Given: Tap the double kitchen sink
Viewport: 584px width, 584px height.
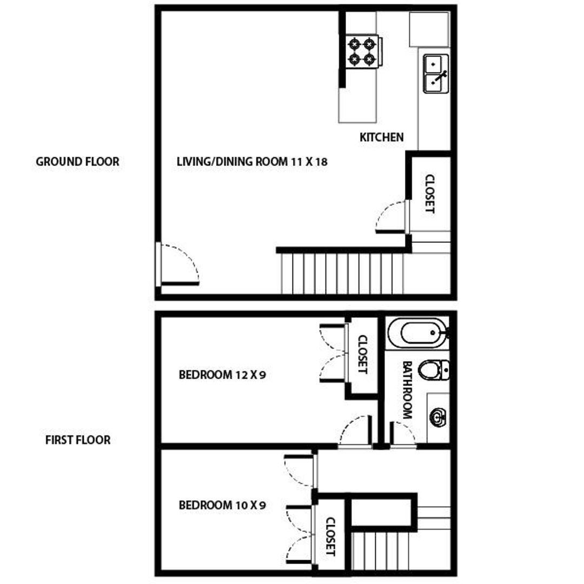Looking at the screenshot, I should click(x=436, y=74).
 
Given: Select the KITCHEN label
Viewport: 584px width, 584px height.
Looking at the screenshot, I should click(x=381, y=137).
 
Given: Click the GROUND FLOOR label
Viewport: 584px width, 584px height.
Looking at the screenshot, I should click(x=77, y=162).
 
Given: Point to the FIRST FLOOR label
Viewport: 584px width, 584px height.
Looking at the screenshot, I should click(x=77, y=440).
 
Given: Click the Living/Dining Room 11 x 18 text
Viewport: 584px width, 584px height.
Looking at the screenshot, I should click(x=252, y=161).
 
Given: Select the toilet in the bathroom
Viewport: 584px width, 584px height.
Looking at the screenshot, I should click(x=434, y=369).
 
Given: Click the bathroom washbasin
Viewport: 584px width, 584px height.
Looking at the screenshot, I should click(x=437, y=416).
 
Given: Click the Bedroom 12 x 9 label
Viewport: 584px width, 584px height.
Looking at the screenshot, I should click(x=222, y=374).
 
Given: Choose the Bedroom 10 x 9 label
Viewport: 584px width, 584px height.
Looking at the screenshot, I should click(x=222, y=506).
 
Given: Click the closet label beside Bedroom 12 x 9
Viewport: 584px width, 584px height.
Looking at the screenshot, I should click(x=363, y=355).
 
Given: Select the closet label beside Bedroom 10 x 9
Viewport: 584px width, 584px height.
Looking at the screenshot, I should click(x=330, y=537).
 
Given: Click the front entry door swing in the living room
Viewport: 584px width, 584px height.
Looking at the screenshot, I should click(x=178, y=265).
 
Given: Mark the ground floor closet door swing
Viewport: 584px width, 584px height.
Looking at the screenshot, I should click(x=390, y=217).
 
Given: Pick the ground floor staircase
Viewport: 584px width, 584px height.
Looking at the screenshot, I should click(x=342, y=273).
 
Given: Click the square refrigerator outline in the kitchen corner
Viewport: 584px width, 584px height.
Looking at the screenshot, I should click(x=429, y=29).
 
